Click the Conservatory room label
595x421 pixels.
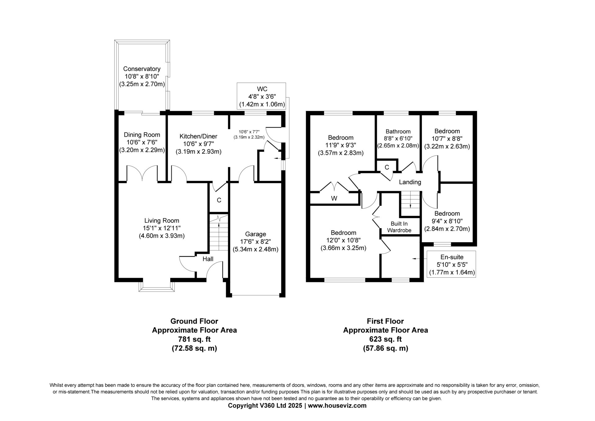click(x=142, y=69)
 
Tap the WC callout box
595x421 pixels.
click(x=261, y=96)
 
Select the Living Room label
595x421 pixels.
click(x=161, y=221)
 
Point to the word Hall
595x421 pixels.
click(x=208, y=259)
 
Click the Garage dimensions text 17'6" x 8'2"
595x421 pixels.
click(x=255, y=241)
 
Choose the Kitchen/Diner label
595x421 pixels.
click(x=198, y=136)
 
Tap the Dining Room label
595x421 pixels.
click(x=142, y=135)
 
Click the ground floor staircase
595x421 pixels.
click(x=219, y=232)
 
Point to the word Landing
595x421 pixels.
click(x=410, y=182)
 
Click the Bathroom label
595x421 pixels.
click(x=398, y=132)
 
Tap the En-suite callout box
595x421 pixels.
click(x=451, y=264)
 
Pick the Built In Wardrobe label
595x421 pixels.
click(x=399, y=227)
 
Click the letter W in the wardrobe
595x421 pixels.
click(x=334, y=198)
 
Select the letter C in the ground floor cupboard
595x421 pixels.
click(x=219, y=200)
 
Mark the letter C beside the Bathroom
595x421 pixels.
click(x=387, y=167)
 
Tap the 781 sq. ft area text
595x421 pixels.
click(x=194, y=339)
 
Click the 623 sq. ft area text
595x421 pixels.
click(x=386, y=339)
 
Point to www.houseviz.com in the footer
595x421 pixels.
click(x=337, y=405)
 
